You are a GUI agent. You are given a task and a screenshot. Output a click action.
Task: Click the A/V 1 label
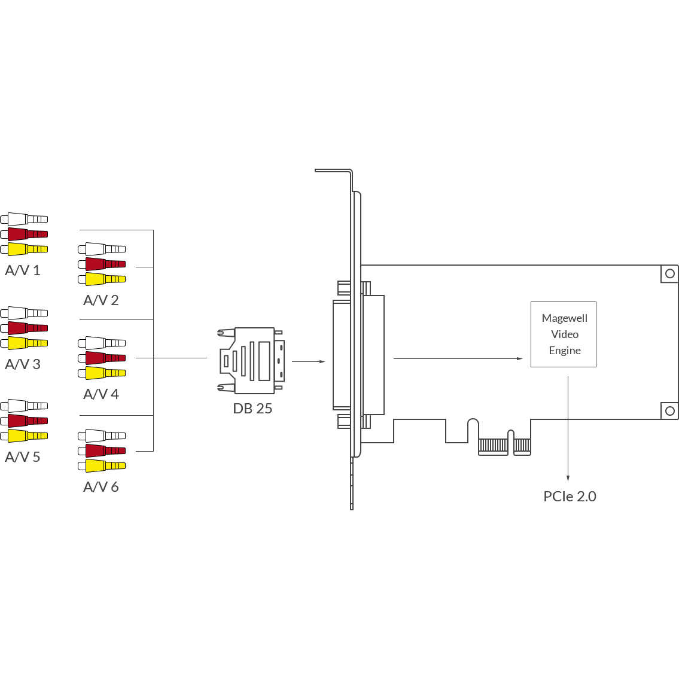tap(23, 270)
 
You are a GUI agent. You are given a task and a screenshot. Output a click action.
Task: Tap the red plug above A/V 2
tap(102, 264)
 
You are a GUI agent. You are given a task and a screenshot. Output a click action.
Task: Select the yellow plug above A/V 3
tap(25, 343)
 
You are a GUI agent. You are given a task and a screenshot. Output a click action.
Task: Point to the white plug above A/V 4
tap(102, 343)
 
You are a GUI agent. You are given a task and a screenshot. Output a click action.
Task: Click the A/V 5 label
tap(23, 457)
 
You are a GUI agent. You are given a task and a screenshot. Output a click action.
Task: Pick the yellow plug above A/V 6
tap(102, 465)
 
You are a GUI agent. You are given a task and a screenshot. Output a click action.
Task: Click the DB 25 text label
tap(252, 409)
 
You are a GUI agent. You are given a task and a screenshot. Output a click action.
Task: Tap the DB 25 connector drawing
tap(251, 361)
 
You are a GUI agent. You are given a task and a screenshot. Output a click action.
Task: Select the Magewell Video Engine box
tap(564, 334)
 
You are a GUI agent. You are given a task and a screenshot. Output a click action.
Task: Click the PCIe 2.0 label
tap(570, 497)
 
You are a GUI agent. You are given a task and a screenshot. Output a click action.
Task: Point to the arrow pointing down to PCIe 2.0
tap(568, 429)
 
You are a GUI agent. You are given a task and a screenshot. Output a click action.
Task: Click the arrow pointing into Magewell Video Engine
tap(458, 358)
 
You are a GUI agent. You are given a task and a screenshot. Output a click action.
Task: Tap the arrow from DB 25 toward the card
tap(309, 361)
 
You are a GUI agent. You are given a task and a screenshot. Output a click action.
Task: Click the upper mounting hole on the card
tap(670, 273)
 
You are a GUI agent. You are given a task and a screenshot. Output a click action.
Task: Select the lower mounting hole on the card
tap(670, 411)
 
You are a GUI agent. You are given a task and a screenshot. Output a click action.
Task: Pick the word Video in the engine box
tap(565, 334)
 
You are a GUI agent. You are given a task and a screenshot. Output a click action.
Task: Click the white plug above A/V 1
tap(25, 219)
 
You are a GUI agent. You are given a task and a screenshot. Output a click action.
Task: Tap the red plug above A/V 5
tap(25, 421)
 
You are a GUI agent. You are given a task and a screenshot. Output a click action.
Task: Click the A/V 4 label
tap(101, 394)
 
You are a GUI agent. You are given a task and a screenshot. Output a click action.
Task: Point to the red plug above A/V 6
tap(102, 451)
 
